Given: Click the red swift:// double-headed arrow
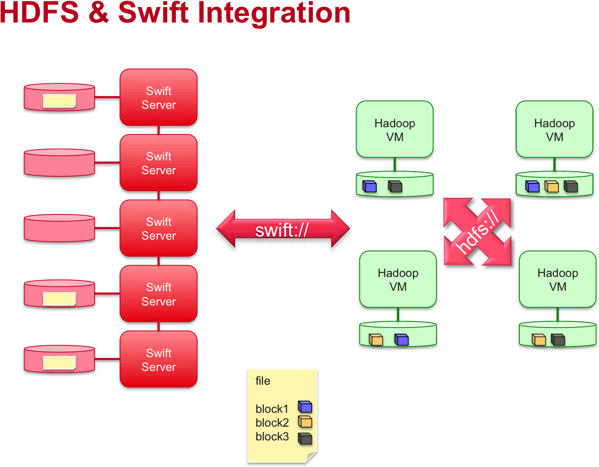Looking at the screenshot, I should (x=283, y=230).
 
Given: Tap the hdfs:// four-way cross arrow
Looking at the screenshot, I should (x=477, y=232).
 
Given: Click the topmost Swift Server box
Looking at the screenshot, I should (x=158, y=98).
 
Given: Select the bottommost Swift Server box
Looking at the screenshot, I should (x=158, y=360).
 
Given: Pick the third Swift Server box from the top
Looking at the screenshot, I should (x=158, y=228).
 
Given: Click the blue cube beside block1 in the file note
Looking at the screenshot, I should (x=305, y=407).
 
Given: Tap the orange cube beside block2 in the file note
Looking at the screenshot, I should (x=305, y=422).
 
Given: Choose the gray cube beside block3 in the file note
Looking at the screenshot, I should (x=305, y=438).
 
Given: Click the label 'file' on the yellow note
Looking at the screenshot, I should (x=263, y=381).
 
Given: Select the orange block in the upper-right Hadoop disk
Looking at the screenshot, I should (x=551, y=186).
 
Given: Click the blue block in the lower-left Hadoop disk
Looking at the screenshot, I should (x=401, y=339).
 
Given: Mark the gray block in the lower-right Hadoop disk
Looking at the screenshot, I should (x=558, y=339).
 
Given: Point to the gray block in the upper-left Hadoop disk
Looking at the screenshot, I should (x=395, y=186).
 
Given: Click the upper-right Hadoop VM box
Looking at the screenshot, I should (x=555, y=129).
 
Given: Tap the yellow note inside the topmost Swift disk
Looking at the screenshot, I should (x=59, y=101).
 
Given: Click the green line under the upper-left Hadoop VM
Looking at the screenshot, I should (x=395, y=165).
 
